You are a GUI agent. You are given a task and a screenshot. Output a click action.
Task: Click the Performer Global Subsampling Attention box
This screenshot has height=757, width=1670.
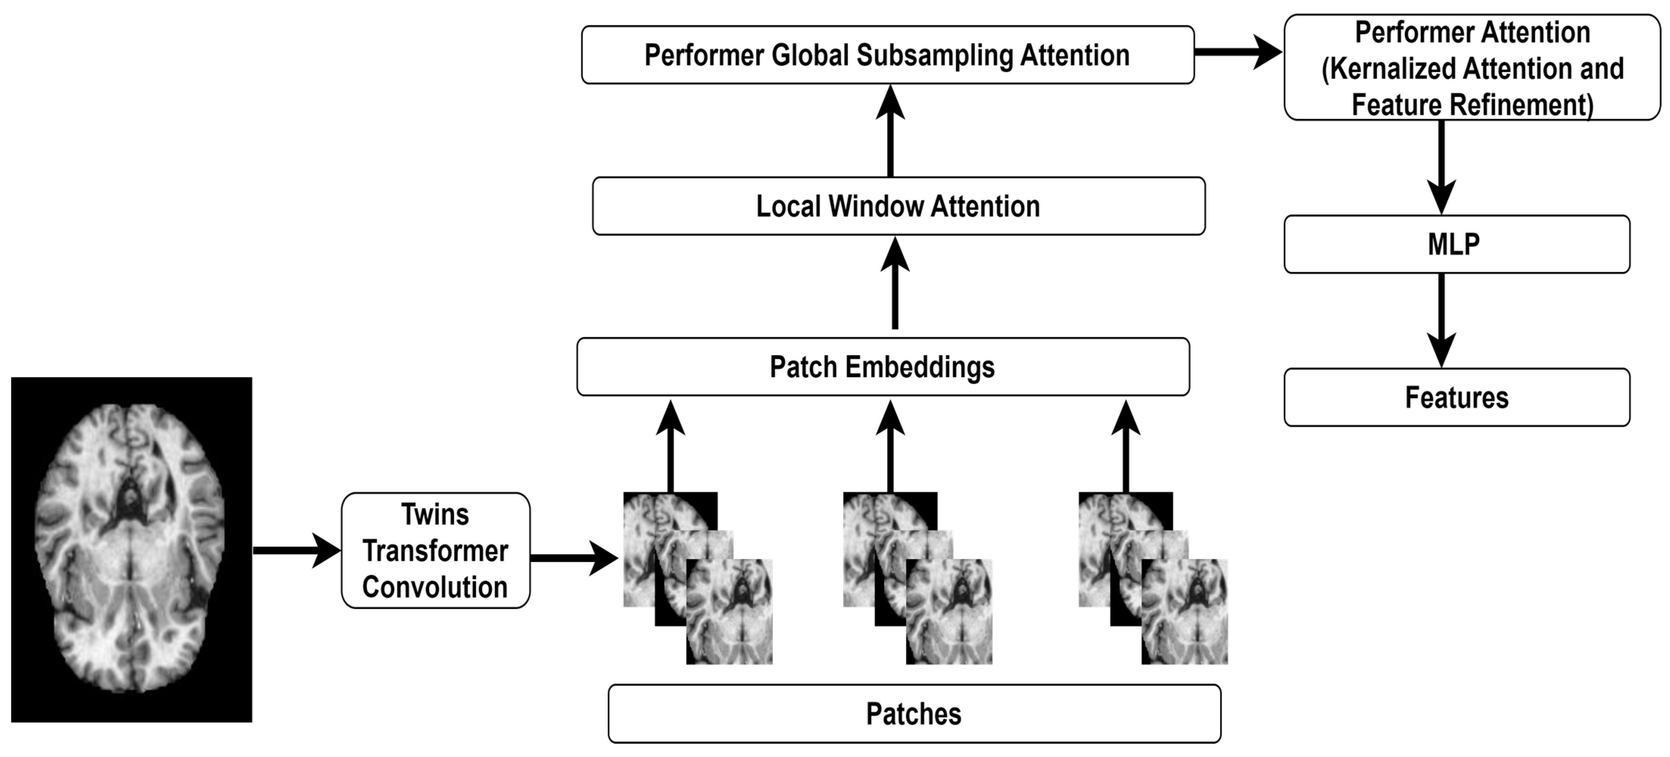(x=887, y=55)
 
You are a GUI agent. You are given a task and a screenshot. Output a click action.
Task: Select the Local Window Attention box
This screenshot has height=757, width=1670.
(x=898, y=206)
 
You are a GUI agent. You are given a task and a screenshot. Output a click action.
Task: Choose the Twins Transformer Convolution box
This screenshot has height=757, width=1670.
(x=435, y=550)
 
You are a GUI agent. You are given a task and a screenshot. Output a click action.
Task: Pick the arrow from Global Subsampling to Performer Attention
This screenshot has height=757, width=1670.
(x=1237, y=52)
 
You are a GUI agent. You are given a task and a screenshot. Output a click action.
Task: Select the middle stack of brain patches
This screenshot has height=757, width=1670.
(x=918, y=578)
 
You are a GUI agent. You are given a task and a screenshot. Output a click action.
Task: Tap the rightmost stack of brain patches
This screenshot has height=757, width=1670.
(x=1153, y=578)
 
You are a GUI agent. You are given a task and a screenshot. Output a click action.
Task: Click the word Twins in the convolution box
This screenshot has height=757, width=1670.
(x=435, y=514)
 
